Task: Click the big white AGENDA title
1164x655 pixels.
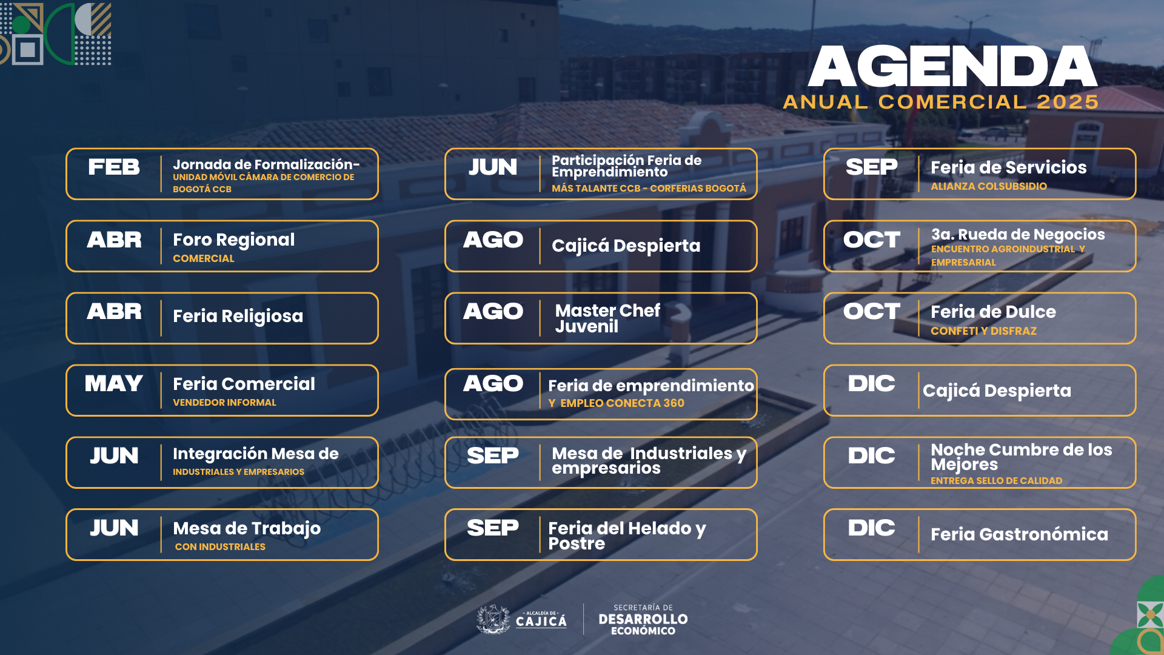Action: click(952, 67)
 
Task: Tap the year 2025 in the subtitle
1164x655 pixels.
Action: click(1068, 102)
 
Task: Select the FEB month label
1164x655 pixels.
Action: click(114, 167)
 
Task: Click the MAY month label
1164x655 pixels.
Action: click(114, 383)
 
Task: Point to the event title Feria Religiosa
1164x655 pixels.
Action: click(238, 316)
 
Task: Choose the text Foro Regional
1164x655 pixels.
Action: click(233, 240)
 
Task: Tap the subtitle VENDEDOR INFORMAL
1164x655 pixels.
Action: click(224, 403)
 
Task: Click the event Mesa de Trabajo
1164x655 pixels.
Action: click(247, 528)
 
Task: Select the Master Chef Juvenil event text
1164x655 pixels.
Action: click(607, 318)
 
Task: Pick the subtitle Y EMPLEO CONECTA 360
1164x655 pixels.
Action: click(616, 403)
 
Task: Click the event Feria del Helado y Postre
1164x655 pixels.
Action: click(627, 536)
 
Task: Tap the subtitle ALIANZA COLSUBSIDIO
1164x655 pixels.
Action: click(989, 186)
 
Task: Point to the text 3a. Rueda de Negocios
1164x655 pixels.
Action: click(1018, 234)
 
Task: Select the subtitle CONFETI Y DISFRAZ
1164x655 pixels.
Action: click(983, 331)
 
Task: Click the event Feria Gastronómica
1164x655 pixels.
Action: click(1019, 534)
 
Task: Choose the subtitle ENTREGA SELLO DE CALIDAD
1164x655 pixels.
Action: click(996, 481)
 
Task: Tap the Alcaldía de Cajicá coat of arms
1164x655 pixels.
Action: click(493, 619)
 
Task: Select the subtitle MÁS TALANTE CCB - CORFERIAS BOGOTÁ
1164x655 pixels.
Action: click(649, 189)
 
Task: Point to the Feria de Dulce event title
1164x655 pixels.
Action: click(993, 312)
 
